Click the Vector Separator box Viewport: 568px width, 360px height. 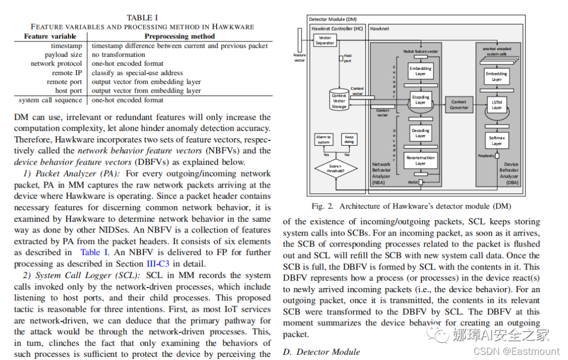coord(324,40)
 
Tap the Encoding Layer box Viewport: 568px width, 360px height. coord(420,100)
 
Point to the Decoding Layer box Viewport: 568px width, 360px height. coord(420,133)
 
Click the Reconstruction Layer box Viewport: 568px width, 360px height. coord(420,160)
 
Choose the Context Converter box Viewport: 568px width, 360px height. coord(459,105)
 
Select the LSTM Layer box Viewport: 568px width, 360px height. coord(496,105)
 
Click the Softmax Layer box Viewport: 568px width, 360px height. coord(496,141)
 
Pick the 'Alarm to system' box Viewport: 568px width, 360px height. coord(323,139)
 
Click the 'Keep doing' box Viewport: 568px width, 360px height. coord(349,139)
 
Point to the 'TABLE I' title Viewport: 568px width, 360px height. coord(142,17)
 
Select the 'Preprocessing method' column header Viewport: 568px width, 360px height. coord(179,36)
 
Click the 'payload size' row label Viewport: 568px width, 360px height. coord(63,55)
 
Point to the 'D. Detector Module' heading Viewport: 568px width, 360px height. coord(321,352)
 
